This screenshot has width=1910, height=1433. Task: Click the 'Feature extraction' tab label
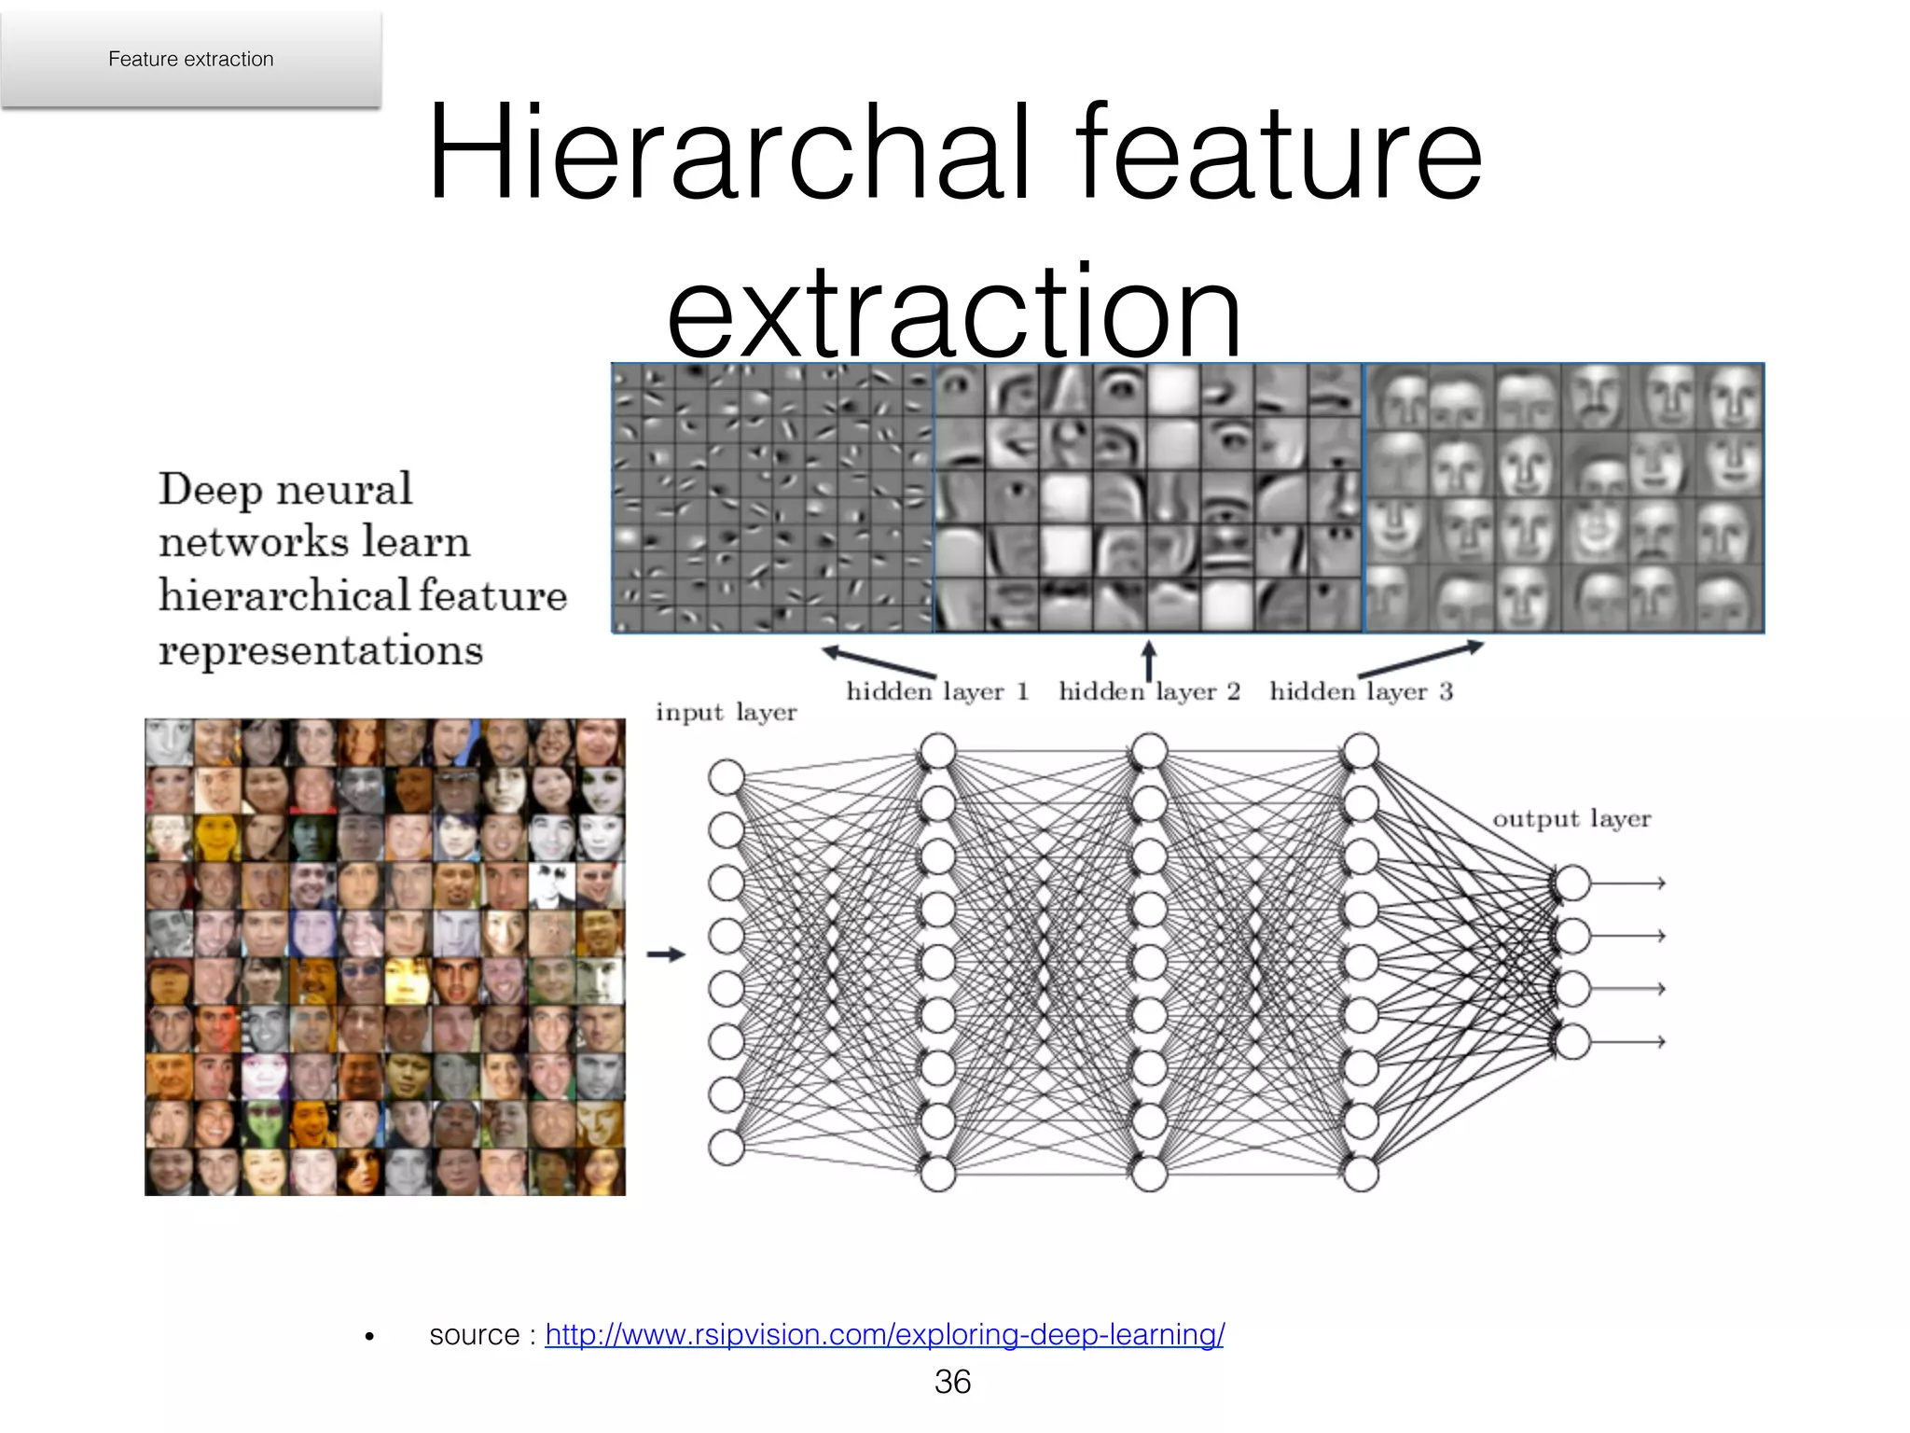pyautogui.click(x=190, y=59)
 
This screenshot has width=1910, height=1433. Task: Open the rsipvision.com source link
pyautogui.click(x=884, y=1334)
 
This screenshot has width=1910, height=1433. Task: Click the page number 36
pyautogui.click(x=952, y=1382)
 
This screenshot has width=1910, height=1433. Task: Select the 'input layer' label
pyautogui.click(x=726, y=713)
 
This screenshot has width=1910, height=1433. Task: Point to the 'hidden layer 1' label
pyautogui.click(x=937, y=691)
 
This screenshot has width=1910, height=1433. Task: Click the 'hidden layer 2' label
pyautogui.click(x=1149, y=691)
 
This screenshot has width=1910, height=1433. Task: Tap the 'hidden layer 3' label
pyautogui.click(x=1361, y=691)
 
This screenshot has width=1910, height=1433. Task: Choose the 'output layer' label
pyautogui.click(x=1571, y=819)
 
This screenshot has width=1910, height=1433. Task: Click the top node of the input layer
pyautogui.click(x=727, y=777)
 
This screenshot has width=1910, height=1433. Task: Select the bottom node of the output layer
pyautogui.click(x=1573, y=1041)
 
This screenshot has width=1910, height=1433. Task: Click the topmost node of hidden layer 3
pyautogui.click(x=1361, y=750)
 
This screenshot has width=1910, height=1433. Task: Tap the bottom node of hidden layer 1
pyautogui.click(x=938, y=1174)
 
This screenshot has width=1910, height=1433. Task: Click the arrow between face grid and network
pyautogui.click(x=666, y=954)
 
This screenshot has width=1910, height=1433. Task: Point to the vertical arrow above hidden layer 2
pyautogui.click(x=1149, y=660)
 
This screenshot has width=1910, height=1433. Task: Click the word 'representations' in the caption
pyautogui.click(x=321, y=650)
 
